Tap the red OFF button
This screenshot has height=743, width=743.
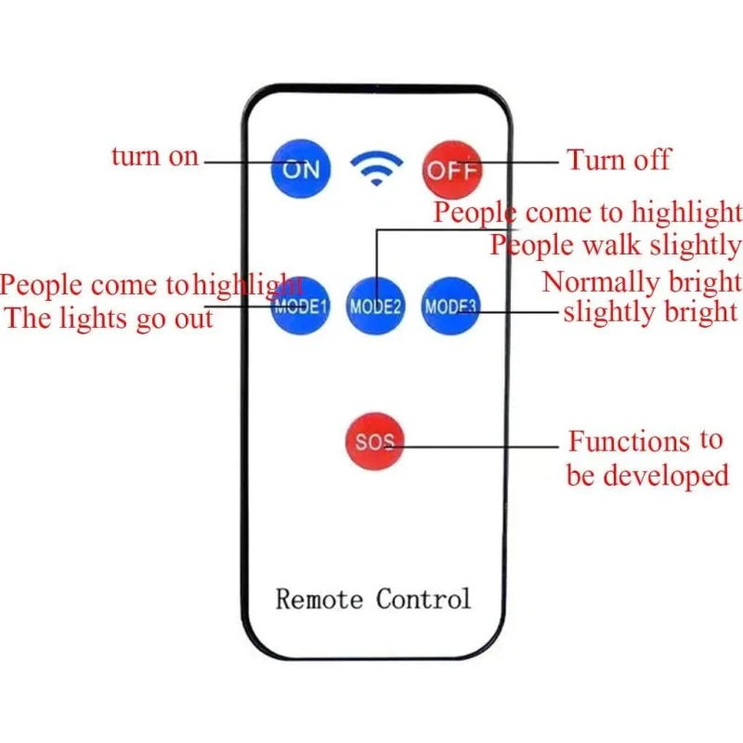coord(452,170)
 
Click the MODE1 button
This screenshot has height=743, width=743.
coord(300,306)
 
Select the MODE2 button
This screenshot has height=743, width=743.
coord(375,306)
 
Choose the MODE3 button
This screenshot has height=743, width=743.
coord(450,306)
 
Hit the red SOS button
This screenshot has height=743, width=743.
coord(375,441)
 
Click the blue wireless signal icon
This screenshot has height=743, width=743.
coord(376,168)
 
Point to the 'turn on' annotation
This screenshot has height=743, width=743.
coord(155,156)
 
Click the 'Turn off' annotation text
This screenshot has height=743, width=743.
coord(619,159)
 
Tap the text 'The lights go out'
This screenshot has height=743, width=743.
coord(109,318)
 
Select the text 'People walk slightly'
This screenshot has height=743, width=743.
coord(615,245)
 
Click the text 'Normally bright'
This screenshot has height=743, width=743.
coord(642,282)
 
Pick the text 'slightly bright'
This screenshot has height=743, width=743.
coord(651,312)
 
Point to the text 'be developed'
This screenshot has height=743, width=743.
coord(647,476)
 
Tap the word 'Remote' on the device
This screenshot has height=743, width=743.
coord(319,599)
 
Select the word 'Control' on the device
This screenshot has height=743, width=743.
coord(424,599)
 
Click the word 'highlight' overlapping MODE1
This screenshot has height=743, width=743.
coord(248,285)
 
